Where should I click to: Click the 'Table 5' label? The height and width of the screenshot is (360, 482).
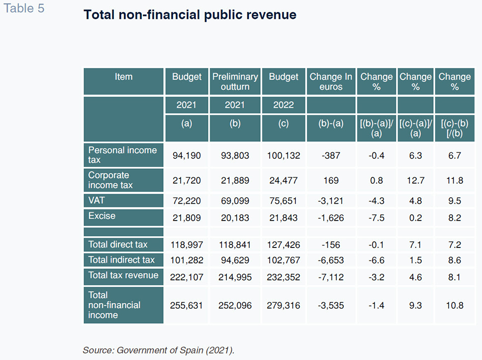(x=24, y=8)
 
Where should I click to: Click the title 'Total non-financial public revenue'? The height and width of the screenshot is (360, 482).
(x=190, y=15)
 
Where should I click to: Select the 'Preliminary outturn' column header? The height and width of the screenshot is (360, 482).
(x=235, y=82)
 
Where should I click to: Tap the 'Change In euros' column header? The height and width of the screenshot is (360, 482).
(x=331, y=82)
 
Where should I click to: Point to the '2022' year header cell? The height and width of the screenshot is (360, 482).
(x=284, y=105)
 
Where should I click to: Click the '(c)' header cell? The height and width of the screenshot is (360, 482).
(x=284, y=123)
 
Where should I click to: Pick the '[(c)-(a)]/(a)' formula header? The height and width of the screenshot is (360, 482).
(x=416, y=128)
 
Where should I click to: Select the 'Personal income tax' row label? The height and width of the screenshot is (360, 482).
(x=122, y=155)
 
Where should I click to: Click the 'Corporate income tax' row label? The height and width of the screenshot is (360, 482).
(x=110, y=180)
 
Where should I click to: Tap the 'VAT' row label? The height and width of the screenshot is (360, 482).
(x=96, y=200)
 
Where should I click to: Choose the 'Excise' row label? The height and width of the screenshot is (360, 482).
(x=102, y=216)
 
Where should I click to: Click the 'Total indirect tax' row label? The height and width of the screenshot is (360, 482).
(x=121, y=260)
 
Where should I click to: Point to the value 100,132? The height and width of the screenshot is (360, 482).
(x=284, y=156)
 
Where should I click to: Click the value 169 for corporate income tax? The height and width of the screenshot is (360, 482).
(x=331, y=181)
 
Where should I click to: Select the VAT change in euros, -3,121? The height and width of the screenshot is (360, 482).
(x=331, y=201)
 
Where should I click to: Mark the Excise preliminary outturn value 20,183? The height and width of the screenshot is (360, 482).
(x=235, y=218)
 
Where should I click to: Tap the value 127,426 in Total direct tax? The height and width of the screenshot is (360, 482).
(x=284, y=245)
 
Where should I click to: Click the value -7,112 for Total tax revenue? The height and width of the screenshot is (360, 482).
(x=331, y=277)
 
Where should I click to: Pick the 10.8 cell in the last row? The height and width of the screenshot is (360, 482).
(x=455, y=306)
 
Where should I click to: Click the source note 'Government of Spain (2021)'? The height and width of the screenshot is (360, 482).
(x=175, y=351)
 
